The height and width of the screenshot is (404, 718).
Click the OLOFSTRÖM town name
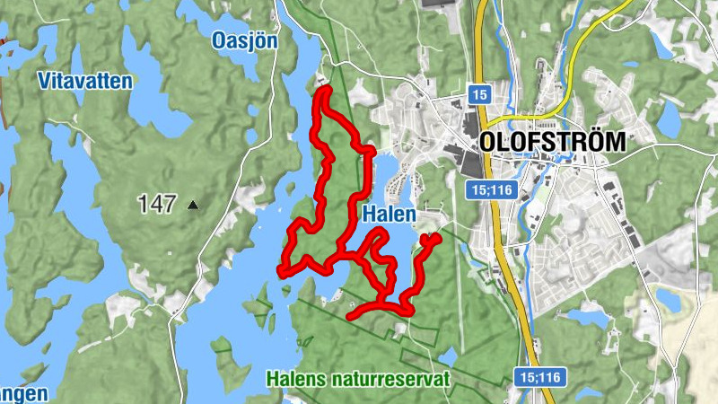click(552, 141)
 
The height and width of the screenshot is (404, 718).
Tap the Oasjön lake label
click(245, 40)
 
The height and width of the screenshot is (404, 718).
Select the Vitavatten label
click(85, 81)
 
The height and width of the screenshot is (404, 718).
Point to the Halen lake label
click(390, 215)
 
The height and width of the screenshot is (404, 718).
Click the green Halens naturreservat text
click(357, 379)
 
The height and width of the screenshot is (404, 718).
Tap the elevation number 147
click(157, 205)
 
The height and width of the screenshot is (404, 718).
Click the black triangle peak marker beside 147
click(192, 206)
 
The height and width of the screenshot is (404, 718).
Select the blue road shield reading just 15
click(479, 93)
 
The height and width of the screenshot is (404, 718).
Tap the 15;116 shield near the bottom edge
click(541, 377)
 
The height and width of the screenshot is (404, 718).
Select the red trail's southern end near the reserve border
click(351, 315)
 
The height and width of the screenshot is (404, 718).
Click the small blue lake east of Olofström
click(670, 117)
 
